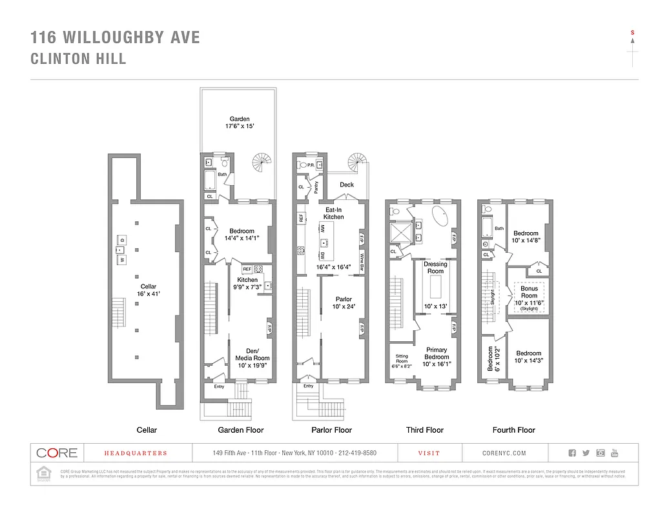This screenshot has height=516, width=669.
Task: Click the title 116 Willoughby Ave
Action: tap(116, 37)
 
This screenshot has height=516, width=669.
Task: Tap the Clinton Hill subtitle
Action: tap(78, 59)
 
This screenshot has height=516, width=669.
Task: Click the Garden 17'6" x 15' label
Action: tap(240, 123)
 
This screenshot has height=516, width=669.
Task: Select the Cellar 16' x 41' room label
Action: tap(149, 290)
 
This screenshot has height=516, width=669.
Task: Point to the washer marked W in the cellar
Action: tap(120, 260)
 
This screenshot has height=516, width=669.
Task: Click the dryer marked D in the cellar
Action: tap(121, 240)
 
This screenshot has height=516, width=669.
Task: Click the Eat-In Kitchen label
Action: tap(334, 213)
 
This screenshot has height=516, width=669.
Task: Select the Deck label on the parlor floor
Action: tap(347, 185)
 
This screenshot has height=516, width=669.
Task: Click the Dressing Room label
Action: tap(435, 268)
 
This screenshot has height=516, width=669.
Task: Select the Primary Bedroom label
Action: tap(437, 353)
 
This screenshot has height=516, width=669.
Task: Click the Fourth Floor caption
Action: tap(514, 430)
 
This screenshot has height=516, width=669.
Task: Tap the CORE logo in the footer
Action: tap(57, 453)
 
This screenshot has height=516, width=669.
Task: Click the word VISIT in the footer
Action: tap(429, 453)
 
